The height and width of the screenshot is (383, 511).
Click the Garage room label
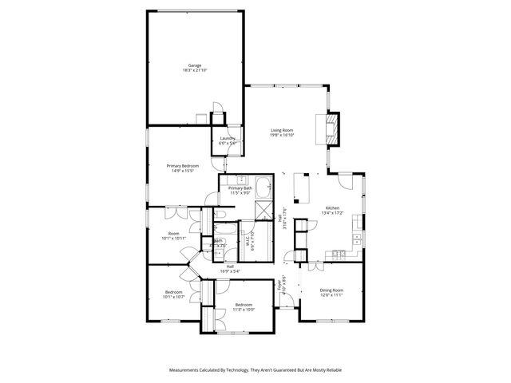[194, 65]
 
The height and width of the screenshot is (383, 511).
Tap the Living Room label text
[282, 130]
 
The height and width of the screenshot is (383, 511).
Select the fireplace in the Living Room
[330, 128]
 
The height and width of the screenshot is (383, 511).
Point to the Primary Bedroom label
[183, 165]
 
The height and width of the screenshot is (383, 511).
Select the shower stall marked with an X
[262, 209]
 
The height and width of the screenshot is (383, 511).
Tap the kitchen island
[303, 188]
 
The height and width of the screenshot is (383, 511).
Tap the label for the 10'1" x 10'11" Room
[172, 234]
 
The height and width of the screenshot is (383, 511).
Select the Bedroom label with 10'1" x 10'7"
[173, 293]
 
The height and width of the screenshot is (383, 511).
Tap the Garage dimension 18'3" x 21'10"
[194, 71]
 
